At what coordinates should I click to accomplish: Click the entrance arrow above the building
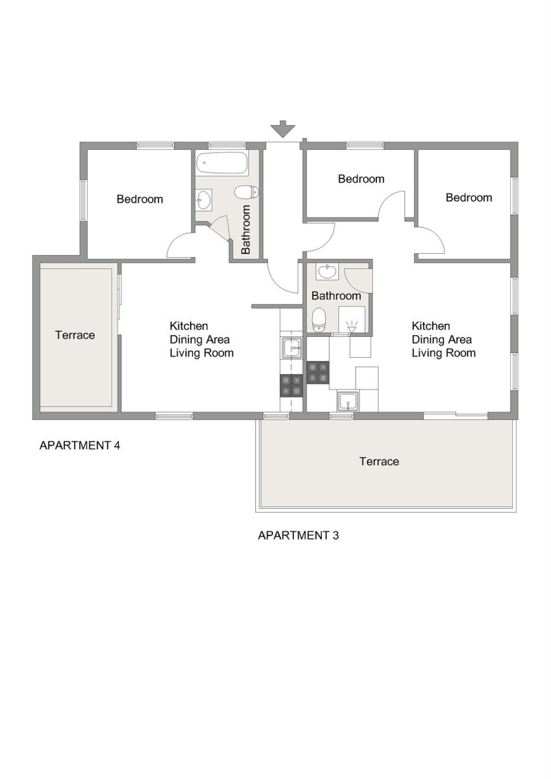point(283,129)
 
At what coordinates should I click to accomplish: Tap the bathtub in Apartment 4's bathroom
point(222,163)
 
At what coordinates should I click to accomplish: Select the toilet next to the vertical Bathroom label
point(247,192)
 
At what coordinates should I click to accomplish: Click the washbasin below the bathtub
point(203,200)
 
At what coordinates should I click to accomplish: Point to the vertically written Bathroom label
point(246,229)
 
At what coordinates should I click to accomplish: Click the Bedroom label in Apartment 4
point(140,199)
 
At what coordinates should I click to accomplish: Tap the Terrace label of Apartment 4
point(75,335)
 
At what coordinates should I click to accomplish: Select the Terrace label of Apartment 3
point(379,461)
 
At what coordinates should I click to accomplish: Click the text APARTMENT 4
point(80,445)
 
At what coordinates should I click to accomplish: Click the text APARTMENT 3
point(298,535)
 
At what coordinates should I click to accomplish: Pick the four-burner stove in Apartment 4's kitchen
point(291,386)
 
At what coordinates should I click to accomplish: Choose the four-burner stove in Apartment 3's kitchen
point(318,373)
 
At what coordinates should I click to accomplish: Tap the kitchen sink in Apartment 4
point(293,348)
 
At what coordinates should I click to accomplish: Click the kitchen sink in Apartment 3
point(348,401)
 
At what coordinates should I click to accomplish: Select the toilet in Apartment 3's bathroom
point(319,320)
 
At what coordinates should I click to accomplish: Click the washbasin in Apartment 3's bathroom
point(327,271)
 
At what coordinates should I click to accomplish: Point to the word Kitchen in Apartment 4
point(189,326)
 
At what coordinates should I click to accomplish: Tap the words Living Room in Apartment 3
point(443,353)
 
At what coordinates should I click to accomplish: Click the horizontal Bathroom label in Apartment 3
point(336,295)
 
